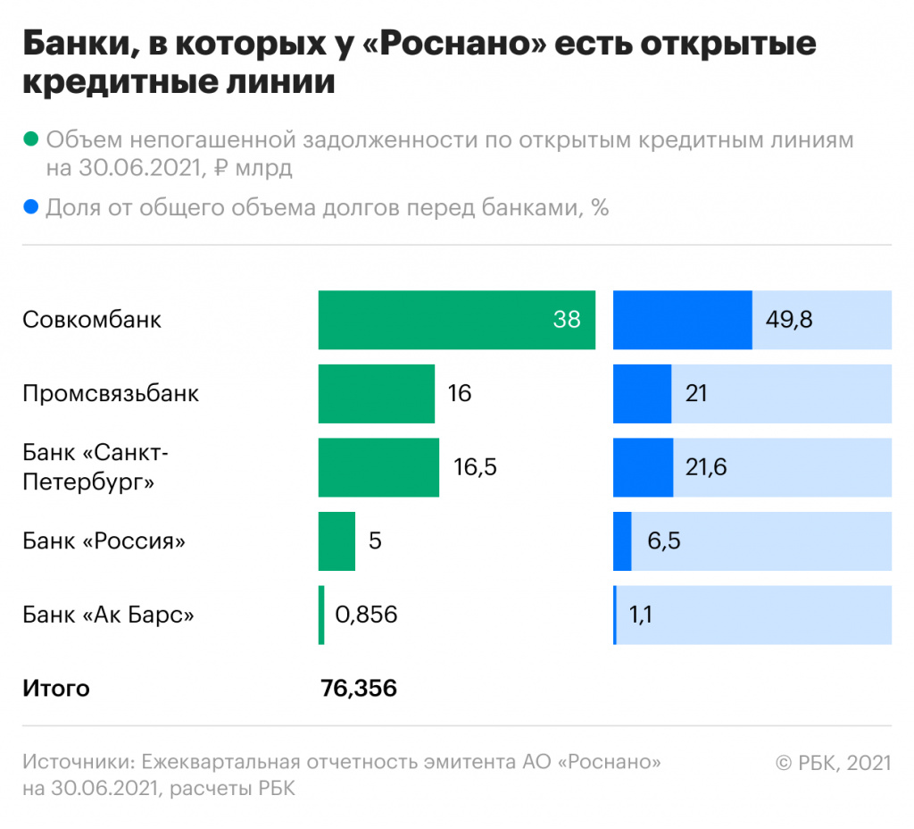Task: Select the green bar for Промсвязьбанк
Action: (x=376, y=394)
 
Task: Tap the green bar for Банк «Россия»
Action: (x=337, y=541)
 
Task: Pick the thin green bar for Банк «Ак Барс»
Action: (x=321, y=615)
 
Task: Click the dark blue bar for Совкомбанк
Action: (x=682, y=320)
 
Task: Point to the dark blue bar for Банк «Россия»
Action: (x=622, y=541)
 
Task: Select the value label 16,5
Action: (x=476, y=467)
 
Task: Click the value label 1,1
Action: (x=640, y=615)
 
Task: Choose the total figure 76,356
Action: (x=358, y=689)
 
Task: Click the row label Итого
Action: (x=56, y=689)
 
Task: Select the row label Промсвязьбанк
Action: (x=111, y=394)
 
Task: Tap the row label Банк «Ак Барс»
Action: (x=109, y=615)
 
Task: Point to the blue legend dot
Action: (x=31, y=208)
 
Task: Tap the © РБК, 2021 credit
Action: (x=833, y=763)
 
